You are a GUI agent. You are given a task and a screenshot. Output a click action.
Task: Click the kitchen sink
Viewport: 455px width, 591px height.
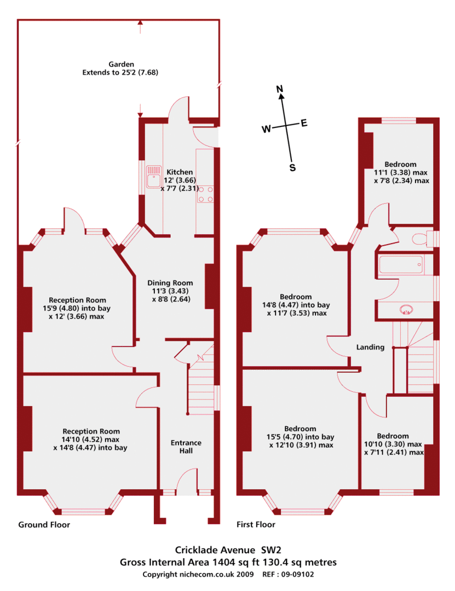154,177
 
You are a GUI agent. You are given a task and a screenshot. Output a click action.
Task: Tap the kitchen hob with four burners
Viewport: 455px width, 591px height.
205,194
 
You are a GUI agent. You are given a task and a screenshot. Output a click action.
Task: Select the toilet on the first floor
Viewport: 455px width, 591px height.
423,239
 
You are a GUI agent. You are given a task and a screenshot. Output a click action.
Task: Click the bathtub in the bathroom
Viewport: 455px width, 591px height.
400,265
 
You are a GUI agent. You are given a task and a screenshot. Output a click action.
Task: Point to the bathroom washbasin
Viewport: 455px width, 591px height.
406,310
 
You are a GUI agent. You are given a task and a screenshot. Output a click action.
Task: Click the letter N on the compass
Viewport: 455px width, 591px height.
280,89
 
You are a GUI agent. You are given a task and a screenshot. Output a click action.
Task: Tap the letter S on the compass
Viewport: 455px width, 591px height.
292,168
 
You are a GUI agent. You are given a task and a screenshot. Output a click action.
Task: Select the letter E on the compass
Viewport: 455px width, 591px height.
304,123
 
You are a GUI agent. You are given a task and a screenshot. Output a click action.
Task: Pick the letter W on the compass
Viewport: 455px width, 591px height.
266,129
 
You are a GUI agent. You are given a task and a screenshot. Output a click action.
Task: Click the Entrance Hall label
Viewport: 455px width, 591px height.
186,447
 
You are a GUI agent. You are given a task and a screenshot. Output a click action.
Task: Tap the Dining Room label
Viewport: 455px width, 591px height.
170,283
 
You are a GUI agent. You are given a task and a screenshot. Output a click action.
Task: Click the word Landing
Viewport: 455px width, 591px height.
371,347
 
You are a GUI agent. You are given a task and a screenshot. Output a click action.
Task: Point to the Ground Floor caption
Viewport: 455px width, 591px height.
44,525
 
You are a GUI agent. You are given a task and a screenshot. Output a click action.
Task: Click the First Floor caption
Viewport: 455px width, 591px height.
256,524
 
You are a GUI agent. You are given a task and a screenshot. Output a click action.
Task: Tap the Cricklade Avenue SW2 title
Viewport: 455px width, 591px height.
228,550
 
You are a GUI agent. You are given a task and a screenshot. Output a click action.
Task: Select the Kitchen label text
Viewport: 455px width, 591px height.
180,172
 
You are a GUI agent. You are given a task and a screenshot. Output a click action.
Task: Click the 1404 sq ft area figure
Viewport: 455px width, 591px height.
236,563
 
